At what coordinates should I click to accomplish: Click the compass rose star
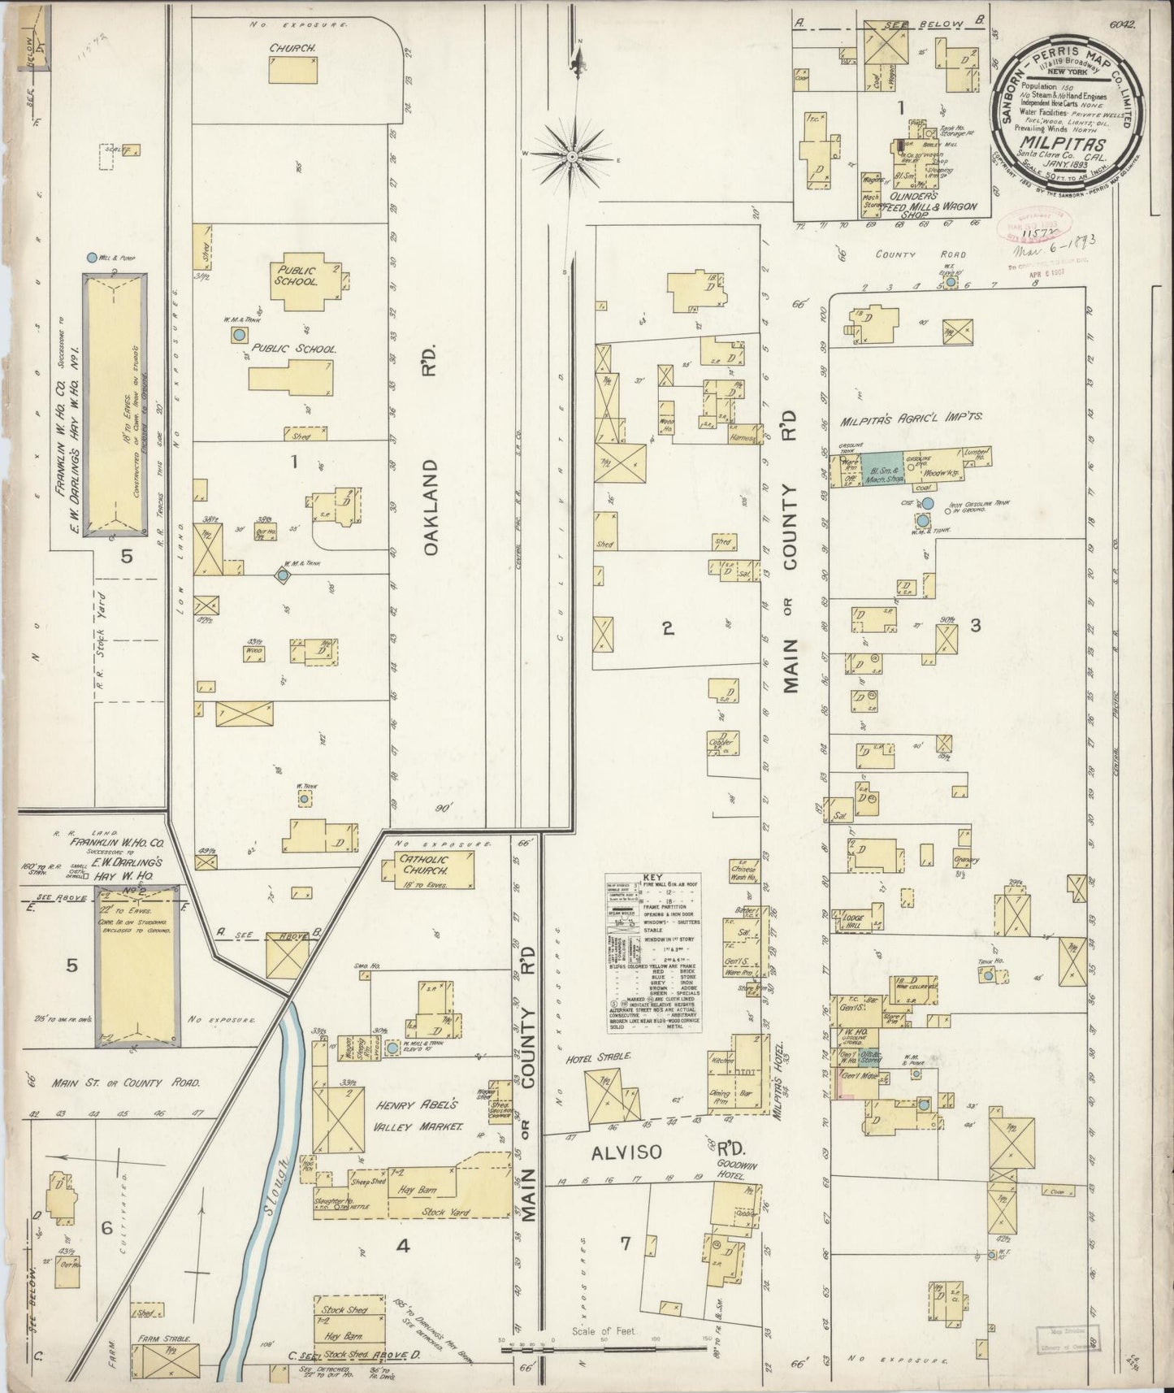[572, 154]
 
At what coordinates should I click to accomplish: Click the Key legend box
[653, 953]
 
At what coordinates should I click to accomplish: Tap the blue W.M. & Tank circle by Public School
[239, 335]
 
